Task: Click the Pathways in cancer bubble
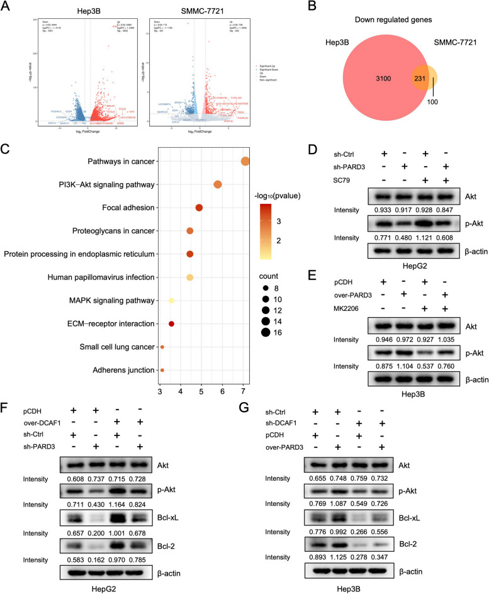(x=245, y=162)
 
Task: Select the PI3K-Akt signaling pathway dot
(x=218, y=185)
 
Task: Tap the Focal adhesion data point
(x=199, y=208)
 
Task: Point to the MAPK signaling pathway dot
(x=171, y=301)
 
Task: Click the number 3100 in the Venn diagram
(x=346, y=80)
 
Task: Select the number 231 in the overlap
(x=403, y=80)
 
